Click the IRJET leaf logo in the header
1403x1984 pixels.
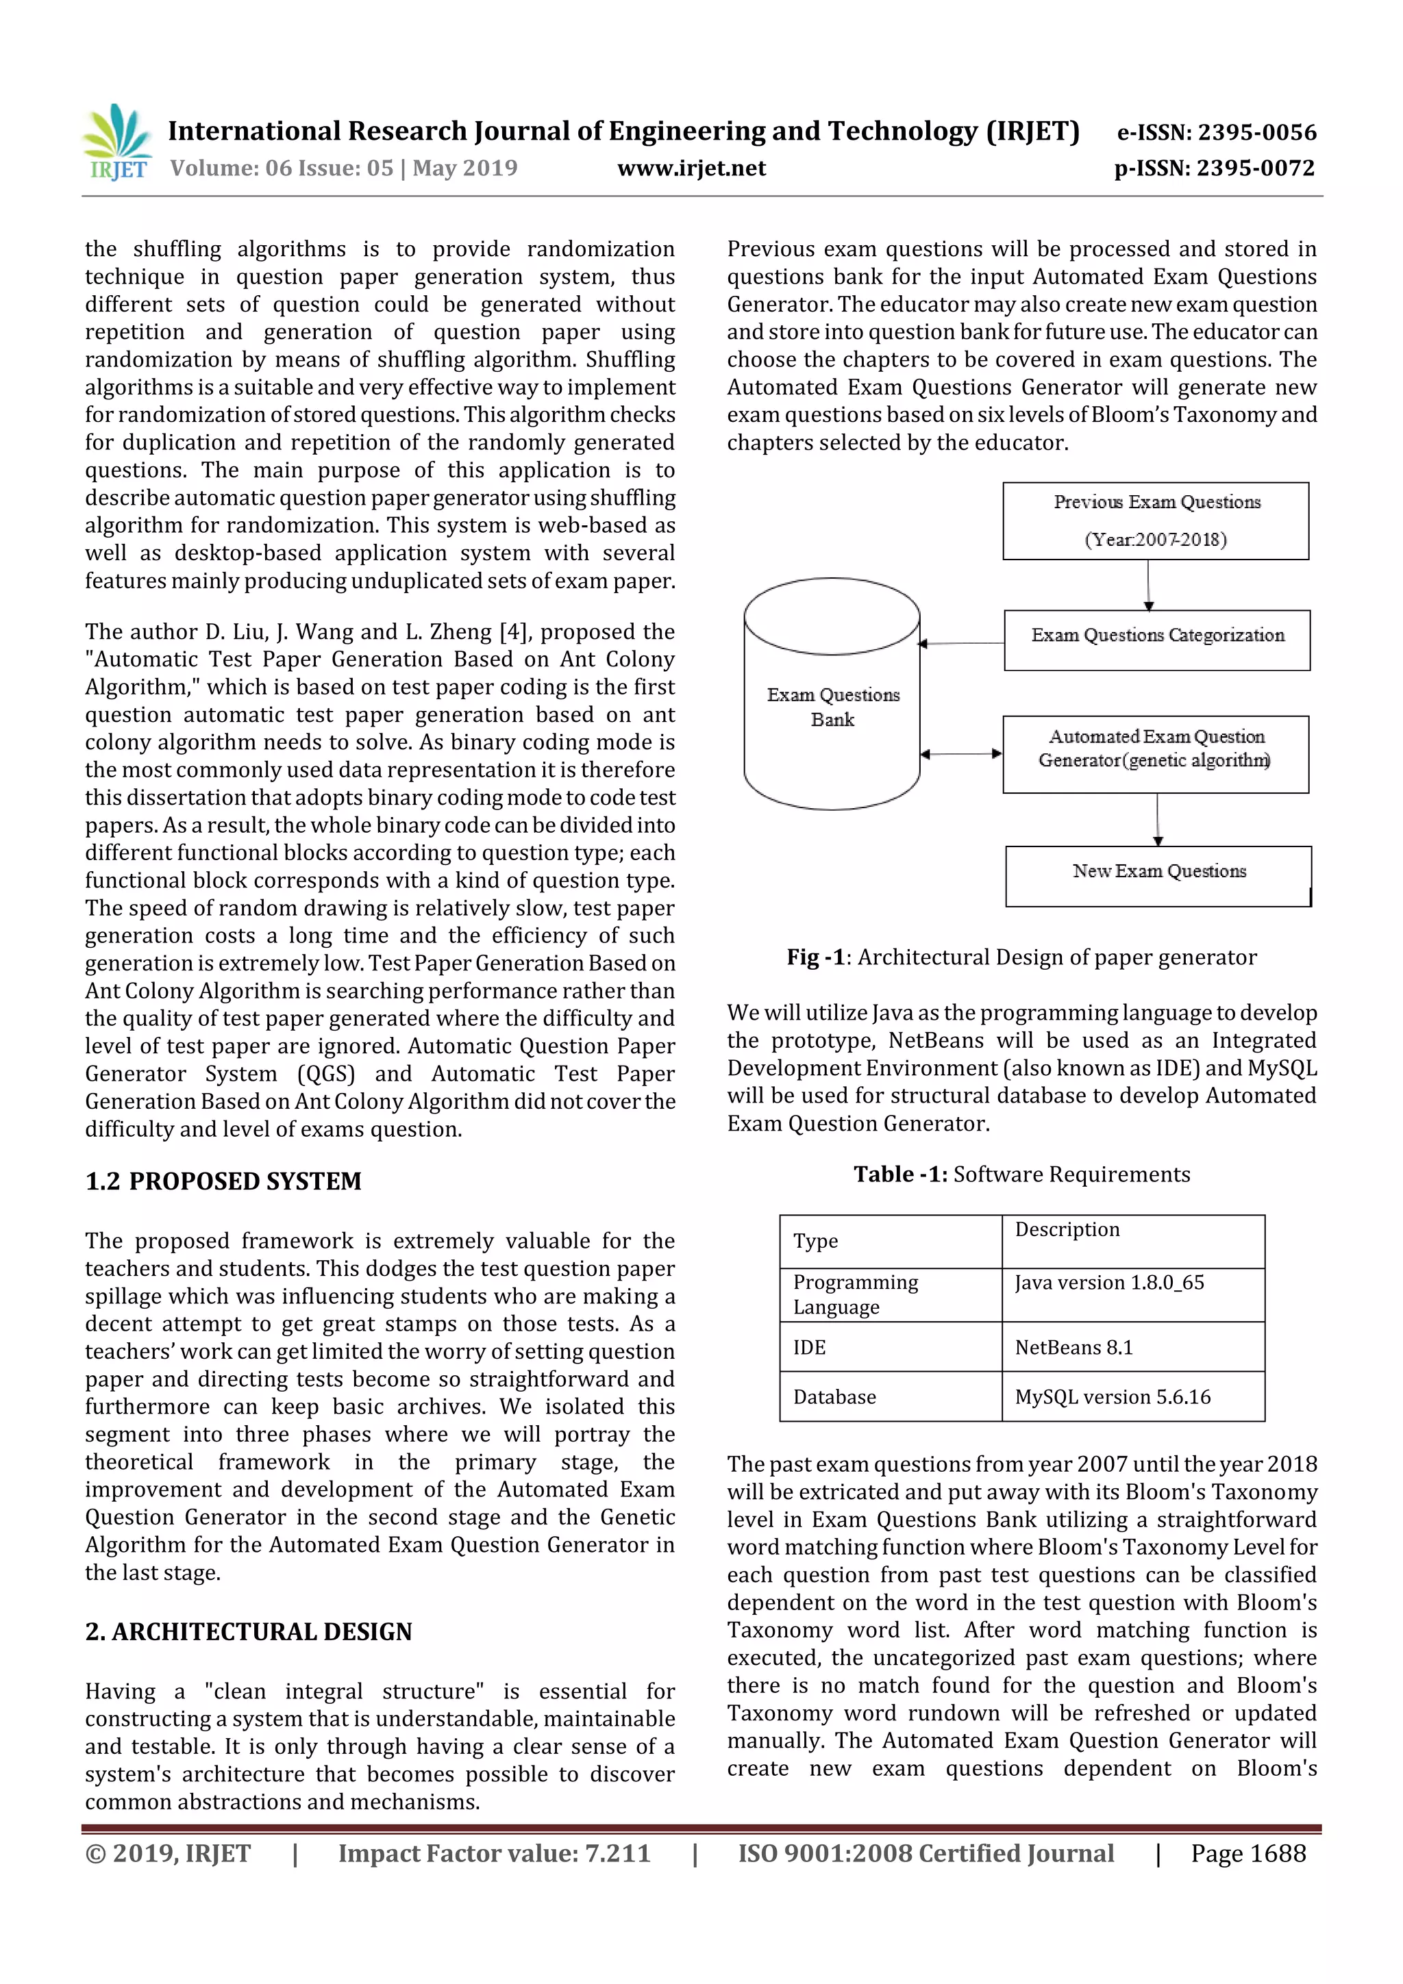click(x=119, y=142)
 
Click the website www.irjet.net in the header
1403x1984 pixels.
click(x=691, y=168)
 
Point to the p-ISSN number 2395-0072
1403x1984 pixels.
click(x=1255, y=168)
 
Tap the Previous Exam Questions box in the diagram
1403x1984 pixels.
click(x=1155, y=520)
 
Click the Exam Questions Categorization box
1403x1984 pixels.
click(x=1156, y=640)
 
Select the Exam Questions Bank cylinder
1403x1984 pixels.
click(x=832, y=700)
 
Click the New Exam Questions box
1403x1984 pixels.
click(x=1158, y=875)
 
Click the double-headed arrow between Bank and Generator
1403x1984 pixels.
click(x=960, y=753)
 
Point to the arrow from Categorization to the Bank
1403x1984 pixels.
click(x=960, y=643)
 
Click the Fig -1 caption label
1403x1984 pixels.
click(x=815, y=957)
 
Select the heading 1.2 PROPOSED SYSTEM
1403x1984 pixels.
click(x=223, y=1181)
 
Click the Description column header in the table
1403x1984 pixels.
click(x=1067, y=1229)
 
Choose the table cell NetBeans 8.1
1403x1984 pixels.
click(x=1073, y=1347)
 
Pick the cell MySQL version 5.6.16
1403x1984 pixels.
click(x=1113, y=1396)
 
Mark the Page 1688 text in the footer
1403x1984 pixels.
click(x=1247, y=1853)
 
